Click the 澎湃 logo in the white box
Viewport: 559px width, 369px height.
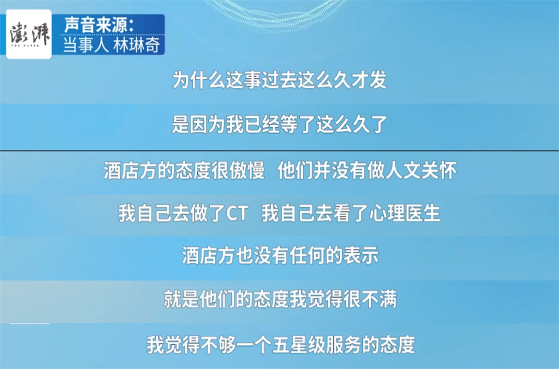tap(29, 34)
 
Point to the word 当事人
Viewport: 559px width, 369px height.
tap(85, 45)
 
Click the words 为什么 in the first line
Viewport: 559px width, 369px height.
tap(199, 79)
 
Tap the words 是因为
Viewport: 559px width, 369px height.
tap(199, 124)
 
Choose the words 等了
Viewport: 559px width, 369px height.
tap(297, 124)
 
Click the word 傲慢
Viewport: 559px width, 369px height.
tap(247, 170)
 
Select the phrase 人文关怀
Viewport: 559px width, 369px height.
tap(421, 170)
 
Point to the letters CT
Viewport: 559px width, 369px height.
tap(237, 213)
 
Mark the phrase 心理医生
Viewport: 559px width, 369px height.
tap(405, 213)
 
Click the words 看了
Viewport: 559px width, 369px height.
tap(351, 213)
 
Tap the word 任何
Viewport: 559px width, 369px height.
tap(307, 255)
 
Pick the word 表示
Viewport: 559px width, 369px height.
tap(361, 255)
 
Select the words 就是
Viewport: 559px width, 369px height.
tap(182, 299)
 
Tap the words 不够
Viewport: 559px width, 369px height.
tap(218, 344)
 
